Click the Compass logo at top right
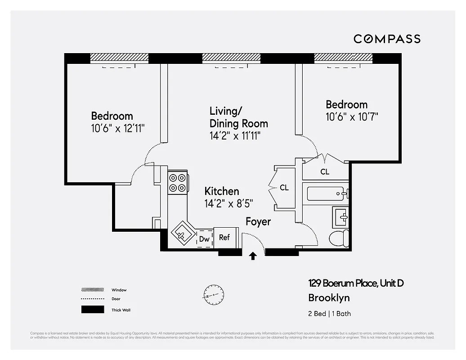coord(387,39)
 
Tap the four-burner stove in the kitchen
coord(177,183)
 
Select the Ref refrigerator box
coord(224,237)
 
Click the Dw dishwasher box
coord(205,239)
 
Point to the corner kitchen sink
coord(183,233)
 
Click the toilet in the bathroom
coord(339,238)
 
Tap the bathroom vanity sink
coord(341,217)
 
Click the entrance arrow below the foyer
coord(253,256)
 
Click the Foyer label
coord(258,222)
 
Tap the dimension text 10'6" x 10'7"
coord(352,117)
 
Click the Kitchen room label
coord(222,191)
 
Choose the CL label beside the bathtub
coord(284,188)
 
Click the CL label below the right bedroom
coord(325,172)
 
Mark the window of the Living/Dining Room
coord(231,58)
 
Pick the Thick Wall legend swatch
coord(92,310)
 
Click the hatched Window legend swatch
coord(92,290)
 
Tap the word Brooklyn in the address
coord(329,297)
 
